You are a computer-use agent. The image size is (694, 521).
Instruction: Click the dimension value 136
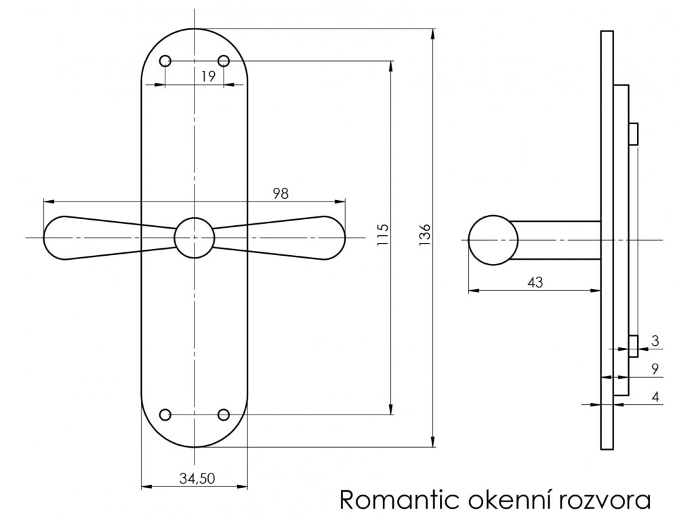(x=424, y=235)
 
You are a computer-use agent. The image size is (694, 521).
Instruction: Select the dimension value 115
(x=383, y=235)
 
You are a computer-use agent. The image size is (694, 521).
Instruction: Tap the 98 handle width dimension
(x=281, y=193)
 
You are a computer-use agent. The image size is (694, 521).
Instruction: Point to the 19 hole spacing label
(x=207, y=76)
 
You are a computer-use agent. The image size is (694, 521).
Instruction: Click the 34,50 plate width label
(x=197, y=478)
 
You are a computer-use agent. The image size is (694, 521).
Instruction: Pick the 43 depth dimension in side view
(x=535, y=282)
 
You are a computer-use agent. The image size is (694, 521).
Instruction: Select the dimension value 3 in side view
(x=655, y=341)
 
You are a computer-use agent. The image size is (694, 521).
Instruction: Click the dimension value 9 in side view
(x=655, y=368)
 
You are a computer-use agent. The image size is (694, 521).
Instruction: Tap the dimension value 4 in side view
(x=655, y=396)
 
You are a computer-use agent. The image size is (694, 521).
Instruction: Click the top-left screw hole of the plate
(x=165, y=60)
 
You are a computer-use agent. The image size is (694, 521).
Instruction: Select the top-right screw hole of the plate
(x=224, y=60)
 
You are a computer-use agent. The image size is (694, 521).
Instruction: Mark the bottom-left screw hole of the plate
(x=165, y=414)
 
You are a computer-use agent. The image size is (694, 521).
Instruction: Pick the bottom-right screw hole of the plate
(x=224, y=414)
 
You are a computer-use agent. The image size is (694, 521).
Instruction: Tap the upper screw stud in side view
(x=634, y=134)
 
